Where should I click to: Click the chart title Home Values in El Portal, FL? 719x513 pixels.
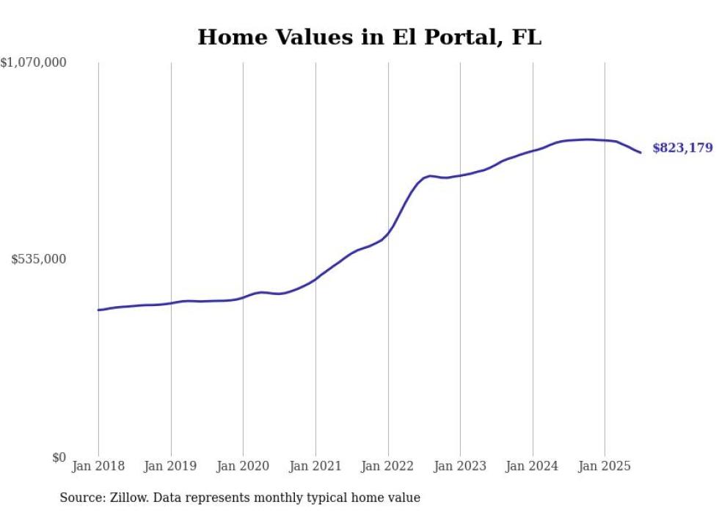pos(369,37)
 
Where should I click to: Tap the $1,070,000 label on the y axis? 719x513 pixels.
pos(34,63)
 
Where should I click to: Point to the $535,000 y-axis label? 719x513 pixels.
pos(38,259)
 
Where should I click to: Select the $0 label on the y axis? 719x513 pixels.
pos(59,458)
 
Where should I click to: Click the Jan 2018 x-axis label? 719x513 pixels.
pos(98,466)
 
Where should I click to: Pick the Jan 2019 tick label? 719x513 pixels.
pos(171,466)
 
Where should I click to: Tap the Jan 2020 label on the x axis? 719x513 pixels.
pos(243,466)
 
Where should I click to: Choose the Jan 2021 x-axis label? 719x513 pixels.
pos(315,466)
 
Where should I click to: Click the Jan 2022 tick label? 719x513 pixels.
pos(387,466)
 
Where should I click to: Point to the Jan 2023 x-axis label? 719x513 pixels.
pos(460,466)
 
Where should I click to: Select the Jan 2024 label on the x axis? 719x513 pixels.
pos(533,466)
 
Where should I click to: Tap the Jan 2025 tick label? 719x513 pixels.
pos(605,466)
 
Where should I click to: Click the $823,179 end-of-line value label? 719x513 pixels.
pos(682,148)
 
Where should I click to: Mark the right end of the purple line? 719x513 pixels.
pos(640,153)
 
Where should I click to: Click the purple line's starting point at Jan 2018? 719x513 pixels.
pos(98,310)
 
